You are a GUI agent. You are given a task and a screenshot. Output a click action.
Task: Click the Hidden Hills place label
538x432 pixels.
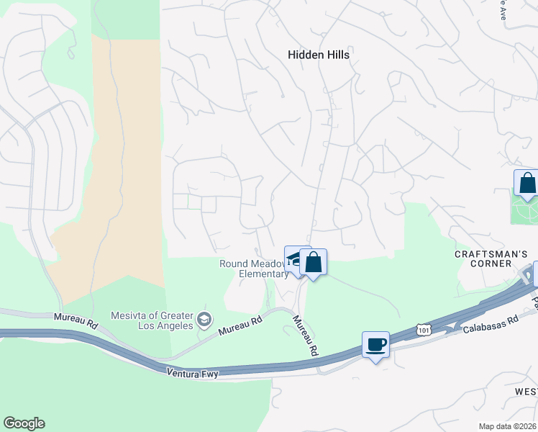coord(318,54)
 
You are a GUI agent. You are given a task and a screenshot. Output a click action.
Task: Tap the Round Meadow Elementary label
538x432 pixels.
coord(253,269)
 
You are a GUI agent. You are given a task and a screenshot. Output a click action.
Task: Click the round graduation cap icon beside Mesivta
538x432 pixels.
coord(204,319)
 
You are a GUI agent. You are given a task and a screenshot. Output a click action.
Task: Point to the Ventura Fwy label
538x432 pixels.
coord(191,373)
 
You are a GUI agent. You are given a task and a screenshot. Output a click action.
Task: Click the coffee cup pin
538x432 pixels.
coord(375,345)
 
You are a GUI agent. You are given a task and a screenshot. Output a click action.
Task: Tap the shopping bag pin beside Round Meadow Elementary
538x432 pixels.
coord(314,261)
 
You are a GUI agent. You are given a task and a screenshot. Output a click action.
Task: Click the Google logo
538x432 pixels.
coord(24,423)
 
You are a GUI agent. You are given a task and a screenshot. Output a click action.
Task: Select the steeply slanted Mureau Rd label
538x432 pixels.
coord(304,336)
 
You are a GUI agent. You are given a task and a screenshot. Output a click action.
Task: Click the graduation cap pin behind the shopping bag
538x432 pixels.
coord(294,260)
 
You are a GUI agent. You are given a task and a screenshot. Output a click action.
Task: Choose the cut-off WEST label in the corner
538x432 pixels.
coord(526,391)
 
